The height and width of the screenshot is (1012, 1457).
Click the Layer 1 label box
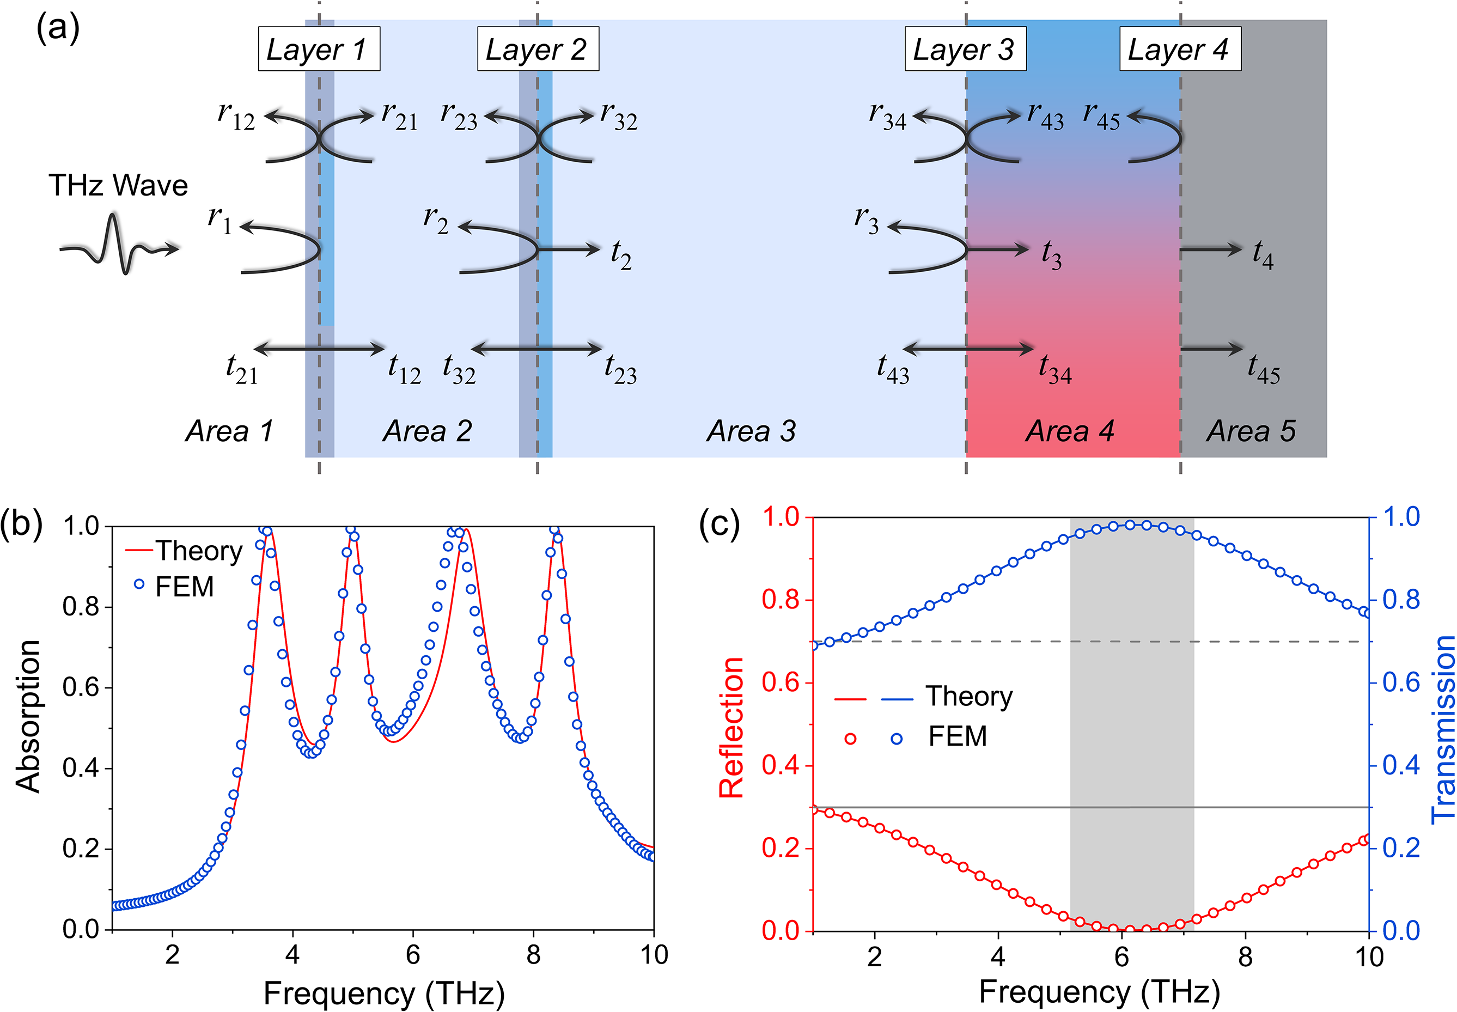click(319, 49)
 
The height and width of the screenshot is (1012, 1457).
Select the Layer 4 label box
click(1180, 49)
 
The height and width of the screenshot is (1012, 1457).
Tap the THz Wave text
click(119, 186)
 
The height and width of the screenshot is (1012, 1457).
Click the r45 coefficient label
click(1101, 117)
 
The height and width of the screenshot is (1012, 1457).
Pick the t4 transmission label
click(1263, 254)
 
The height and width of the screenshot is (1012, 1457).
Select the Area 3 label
click(751, 431)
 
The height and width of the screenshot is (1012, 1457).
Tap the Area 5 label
click(1251, 431)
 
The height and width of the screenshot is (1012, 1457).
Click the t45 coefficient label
click(1263, 369)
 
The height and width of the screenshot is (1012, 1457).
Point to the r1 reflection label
click(220, 220)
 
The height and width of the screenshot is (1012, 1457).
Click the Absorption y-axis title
click(28, 717)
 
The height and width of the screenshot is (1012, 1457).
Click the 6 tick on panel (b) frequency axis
click(413, 954)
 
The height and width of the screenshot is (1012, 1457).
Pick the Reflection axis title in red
click(731, 727)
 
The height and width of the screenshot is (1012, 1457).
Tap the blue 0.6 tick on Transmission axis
click(1400, 683)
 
